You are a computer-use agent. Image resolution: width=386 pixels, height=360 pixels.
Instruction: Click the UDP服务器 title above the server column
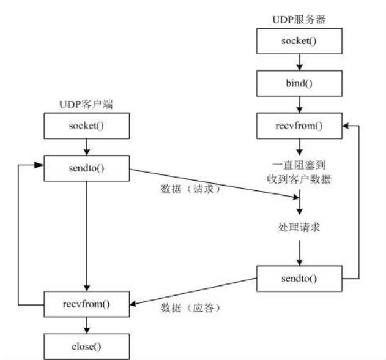pyautogui.click(x=299, y=20)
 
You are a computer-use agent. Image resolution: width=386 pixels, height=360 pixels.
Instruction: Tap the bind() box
pyautogui.click(x=299, y=83)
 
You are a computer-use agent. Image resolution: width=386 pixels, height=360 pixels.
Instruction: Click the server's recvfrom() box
pyautogui.click(x=299, y=127)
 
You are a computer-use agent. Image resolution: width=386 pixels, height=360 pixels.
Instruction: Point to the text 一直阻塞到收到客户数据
pyautogui.click(x=299, y=173)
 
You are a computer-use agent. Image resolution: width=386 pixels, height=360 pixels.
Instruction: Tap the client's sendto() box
pyautogui.click(x=86, y=167)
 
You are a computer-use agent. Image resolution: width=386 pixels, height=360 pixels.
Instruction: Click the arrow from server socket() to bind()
pyautogui.click(x=299, y=61)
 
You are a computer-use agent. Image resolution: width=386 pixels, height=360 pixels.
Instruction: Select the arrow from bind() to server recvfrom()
pyautogui.click(x=299, y=105)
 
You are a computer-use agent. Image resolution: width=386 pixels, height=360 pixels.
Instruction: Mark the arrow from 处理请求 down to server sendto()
pyautogui.click(x=299, y=251)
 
